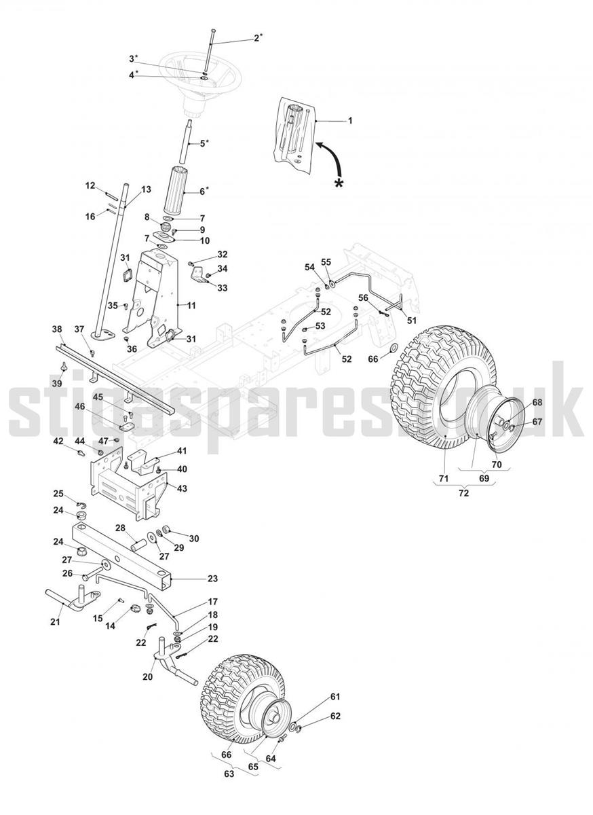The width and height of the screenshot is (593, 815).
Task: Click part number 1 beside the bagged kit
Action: tap(350, 120)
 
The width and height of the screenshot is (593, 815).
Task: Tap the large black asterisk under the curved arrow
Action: tap(339, 184)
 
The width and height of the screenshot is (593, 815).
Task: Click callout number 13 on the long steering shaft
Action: tap(146, 189)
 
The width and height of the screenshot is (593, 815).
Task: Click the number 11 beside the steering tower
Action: tap(191, 305)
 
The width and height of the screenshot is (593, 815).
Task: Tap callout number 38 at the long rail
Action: tap(57, 329)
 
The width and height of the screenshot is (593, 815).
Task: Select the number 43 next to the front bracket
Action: tap(182, 488)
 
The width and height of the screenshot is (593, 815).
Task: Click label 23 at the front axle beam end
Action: tap(212, 578)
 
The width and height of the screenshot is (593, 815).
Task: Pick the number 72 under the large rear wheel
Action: tap(464, 493)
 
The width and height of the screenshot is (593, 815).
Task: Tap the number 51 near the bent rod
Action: tap(411, 321)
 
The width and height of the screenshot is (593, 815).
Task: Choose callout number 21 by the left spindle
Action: tap(55, 622)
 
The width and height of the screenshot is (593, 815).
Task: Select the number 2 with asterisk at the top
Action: tap(258, 37)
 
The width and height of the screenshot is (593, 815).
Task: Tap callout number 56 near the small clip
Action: tap(363, 297)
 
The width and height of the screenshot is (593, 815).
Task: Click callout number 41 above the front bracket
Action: tap(182, 451)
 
